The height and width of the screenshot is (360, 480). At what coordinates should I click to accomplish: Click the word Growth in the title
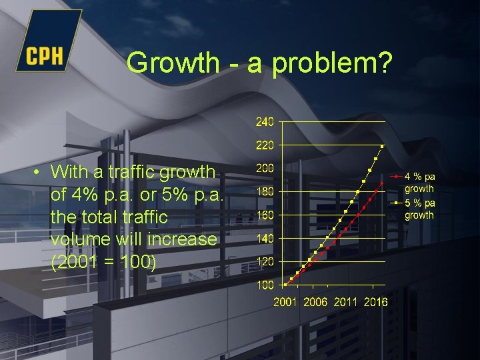[x=173, y=63]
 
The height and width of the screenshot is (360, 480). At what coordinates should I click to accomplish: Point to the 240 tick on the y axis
[x=265, y=122]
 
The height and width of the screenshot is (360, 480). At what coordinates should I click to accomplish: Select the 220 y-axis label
[x=265, y=145]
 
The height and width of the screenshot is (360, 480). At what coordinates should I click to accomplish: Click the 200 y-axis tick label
[x=265, y=169]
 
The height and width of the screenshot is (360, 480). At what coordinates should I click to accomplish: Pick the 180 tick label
[x=265, y=192]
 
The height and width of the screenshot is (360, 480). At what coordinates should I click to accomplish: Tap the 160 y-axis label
[x=265, y=215]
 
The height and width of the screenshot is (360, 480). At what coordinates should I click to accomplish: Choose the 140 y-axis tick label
[x=265, y=239]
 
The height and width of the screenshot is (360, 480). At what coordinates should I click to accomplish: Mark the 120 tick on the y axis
[x=265, y=262]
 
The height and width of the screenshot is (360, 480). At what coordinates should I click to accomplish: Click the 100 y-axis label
[x=265, y=285]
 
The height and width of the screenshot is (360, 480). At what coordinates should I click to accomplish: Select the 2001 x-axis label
[x=285, y=302]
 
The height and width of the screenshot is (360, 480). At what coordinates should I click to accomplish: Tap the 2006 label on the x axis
[x=315, y=302]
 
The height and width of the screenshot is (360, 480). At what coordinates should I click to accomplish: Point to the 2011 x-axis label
[x=345, y=302]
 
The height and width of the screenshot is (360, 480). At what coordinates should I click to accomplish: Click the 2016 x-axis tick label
[x=375, y=302]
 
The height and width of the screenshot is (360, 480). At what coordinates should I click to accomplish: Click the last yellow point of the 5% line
[x=382, y=146]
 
